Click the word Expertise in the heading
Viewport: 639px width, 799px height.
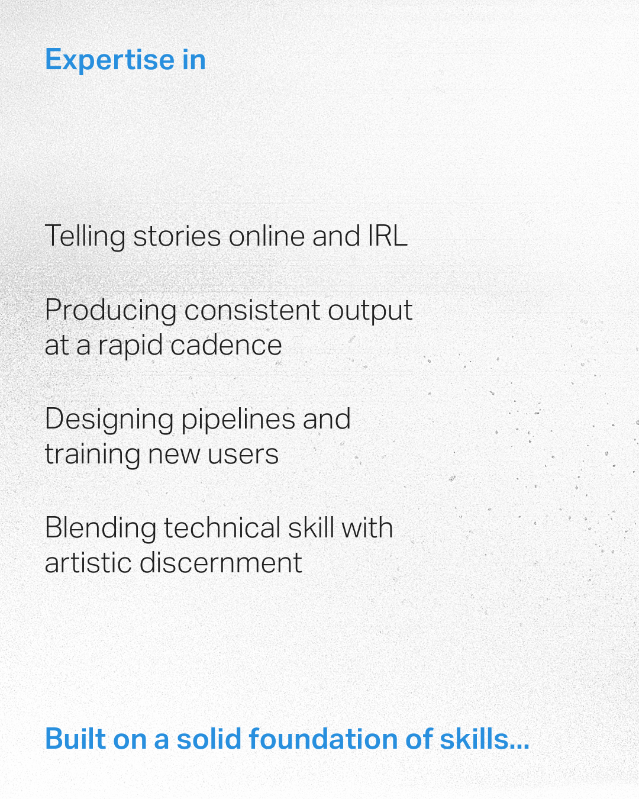pos(109,60)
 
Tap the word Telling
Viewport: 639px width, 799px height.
pos(85,237)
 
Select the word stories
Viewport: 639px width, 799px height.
pos(177,237)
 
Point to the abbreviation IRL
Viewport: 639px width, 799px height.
pos(388,237)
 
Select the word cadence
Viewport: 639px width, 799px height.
pos(226,346)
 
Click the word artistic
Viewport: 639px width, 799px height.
pos(88,563)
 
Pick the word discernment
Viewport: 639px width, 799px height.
pos(221,563)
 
